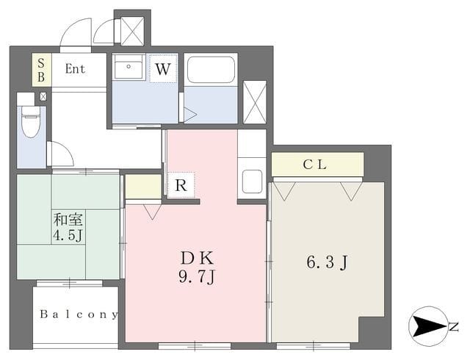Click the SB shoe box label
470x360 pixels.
pos(41,70)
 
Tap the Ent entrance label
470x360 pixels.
pos(75,69)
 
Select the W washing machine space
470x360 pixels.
pos(163,69)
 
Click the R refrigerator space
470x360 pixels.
pos(181,185)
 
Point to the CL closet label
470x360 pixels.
pos(315,165)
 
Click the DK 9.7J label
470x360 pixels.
pos(197,267)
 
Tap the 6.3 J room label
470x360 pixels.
pos(327,262)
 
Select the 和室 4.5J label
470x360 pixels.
pos(68,228)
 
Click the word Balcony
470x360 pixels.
pos(79,314)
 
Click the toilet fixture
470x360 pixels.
pos(31,121)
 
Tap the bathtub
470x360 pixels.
pos(211,70)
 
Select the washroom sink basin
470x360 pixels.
pos(129,67)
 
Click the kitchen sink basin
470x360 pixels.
pos(252,181)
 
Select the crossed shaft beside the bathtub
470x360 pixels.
pos(255,102)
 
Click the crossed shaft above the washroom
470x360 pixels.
pos(132,31)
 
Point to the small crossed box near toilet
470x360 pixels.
pos(43,96)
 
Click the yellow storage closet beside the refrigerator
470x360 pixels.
pos(143,187)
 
